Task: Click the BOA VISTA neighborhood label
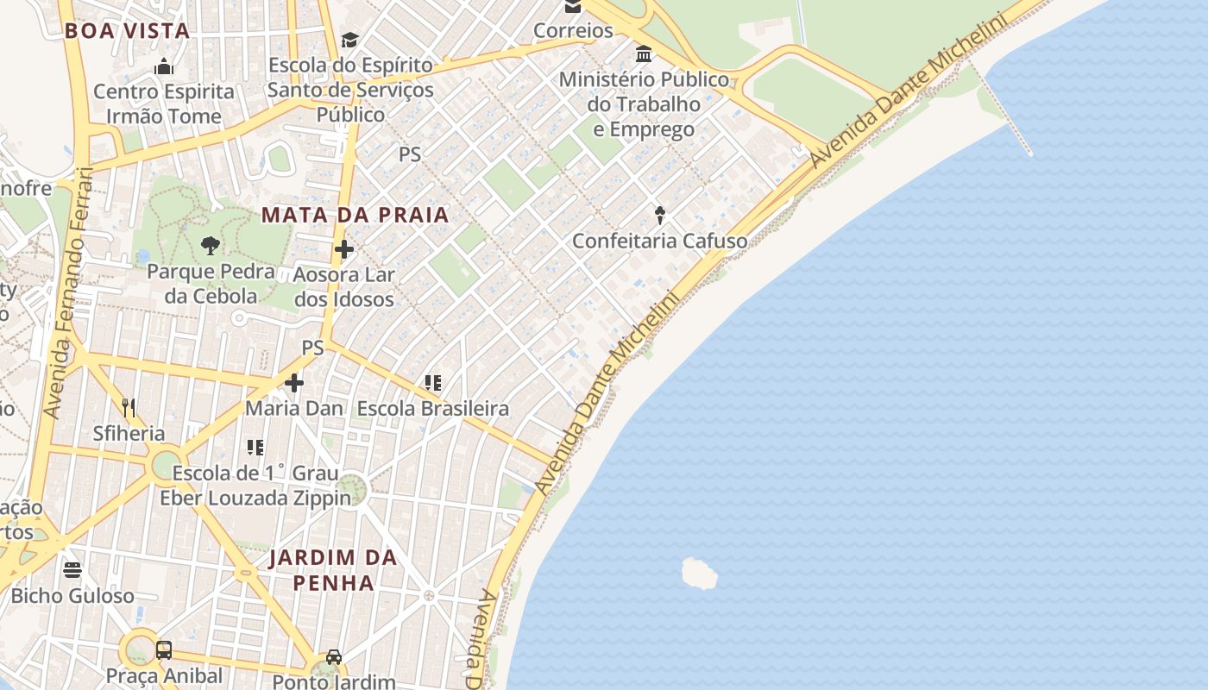[x=127, y=31]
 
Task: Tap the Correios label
[x=573, y=31]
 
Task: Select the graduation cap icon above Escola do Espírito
[x=349, y=40]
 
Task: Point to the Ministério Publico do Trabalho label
[x=644, y=104]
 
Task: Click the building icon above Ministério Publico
[x=644, y=54]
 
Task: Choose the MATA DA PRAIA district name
[x=355, y=215]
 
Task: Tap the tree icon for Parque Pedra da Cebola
[x=210, y=246]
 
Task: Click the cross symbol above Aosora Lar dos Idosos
[x=344, y=249]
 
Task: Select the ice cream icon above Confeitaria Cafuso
[x=660, y=215]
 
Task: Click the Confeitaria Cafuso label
[x=660, y=241]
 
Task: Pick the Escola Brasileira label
[x=432, y=408]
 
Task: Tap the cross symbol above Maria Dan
[x=294, y=382]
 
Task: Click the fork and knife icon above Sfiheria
[x=129, y=407]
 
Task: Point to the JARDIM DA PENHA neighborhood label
[x=333, y=570]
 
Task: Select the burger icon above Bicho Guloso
[x=72, y=569]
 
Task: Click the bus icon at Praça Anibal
[x=163, y=649]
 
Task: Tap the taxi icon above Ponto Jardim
[x=334, y=656]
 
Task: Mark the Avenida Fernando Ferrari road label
[x=68, y=293]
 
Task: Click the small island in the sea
[x=699, y=573]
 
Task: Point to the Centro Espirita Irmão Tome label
[x=163, y=103]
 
